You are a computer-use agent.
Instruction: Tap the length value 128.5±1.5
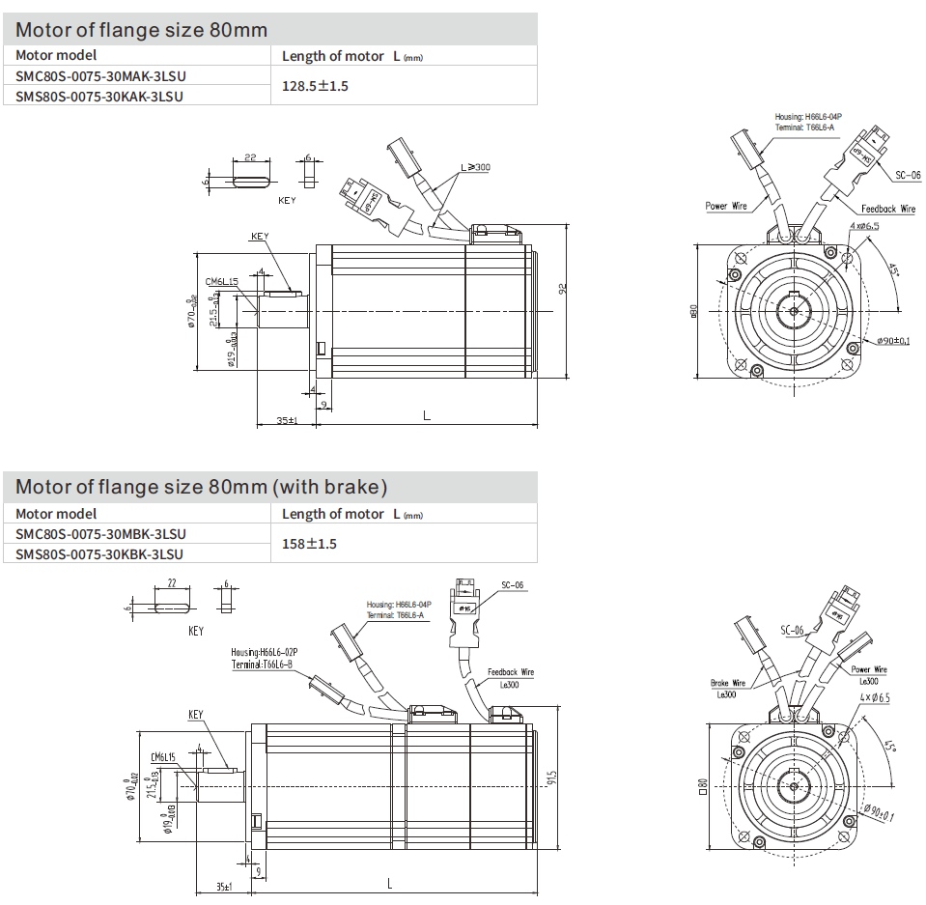point(315,86)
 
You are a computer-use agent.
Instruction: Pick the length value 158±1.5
point(309,544)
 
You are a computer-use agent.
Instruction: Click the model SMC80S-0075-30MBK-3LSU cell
point(100,534)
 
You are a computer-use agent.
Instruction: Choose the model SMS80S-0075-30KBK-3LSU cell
point(100,554)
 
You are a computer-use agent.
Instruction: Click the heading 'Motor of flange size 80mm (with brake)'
point(201,486)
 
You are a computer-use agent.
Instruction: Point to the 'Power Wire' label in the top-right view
point(726,206)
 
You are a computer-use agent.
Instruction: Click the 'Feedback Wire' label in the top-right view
point(887,209)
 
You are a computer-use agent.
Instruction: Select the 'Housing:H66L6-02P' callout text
point(265,652)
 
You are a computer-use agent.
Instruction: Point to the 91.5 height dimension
point(549,778)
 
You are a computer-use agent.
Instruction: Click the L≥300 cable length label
point(475,167)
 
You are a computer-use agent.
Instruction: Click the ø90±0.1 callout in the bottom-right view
point(882,817)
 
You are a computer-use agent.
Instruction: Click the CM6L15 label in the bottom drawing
point(161,758)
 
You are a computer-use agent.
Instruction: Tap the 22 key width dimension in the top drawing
point(248,157)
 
